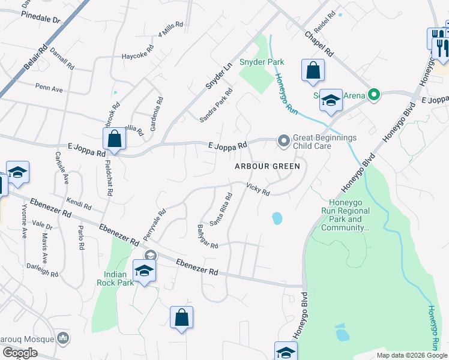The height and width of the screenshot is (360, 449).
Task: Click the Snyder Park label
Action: point(262,62)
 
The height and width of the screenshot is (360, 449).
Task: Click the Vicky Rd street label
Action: point(258,189)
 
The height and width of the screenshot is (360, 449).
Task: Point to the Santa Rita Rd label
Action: point(221,209)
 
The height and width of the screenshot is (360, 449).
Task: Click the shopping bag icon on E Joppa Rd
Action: point(114,140)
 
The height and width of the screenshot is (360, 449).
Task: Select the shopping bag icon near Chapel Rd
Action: point(313,70)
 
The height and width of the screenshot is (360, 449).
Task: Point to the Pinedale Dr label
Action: point(41,19)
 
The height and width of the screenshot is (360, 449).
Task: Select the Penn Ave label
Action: point(49,89)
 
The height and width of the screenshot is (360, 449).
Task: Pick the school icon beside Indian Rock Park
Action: point(144,271)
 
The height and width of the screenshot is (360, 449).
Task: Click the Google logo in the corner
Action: point(20,353)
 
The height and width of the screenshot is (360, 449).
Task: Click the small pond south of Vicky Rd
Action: point(277,218)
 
